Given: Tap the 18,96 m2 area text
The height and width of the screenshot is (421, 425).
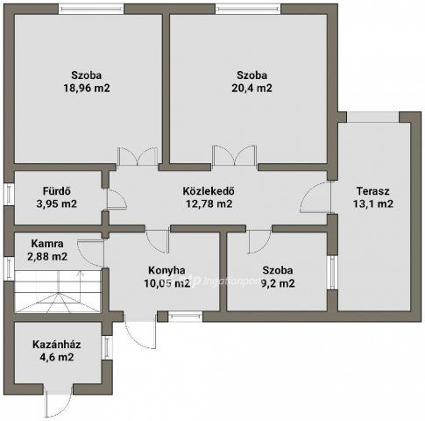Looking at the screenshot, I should [x=86, y=88].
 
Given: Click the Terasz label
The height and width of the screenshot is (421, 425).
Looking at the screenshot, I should [x=372, y=191].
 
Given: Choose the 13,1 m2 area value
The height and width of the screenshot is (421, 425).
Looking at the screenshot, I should [x=372, y=204].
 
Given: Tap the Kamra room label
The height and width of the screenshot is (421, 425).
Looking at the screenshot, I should [x=45, y=244].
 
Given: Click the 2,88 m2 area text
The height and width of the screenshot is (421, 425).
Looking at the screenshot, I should [x=48, y=257].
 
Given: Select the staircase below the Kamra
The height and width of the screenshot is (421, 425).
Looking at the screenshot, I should [x=58, y=291].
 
